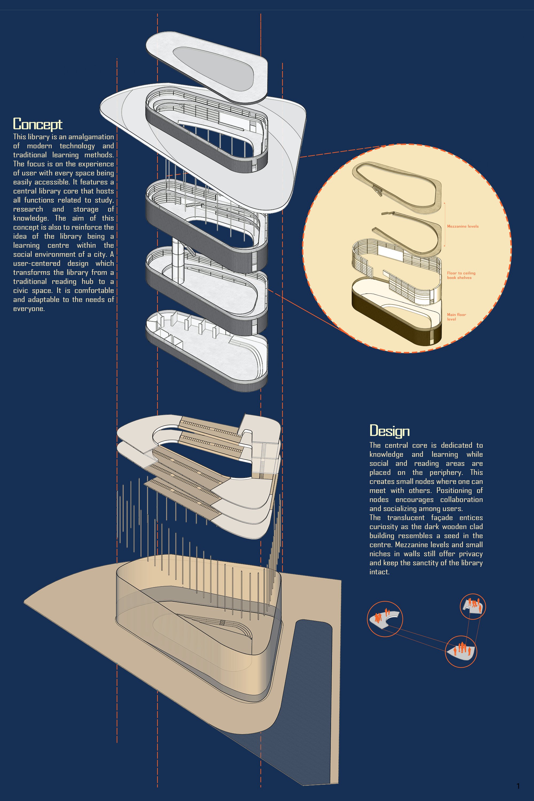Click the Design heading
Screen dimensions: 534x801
tap(389, 431)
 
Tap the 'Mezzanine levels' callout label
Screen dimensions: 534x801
tap(462, 226)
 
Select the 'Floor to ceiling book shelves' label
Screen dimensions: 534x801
tap(461, 275)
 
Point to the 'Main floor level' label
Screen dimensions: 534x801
tap(456, 317)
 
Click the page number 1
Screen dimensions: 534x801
tap(518, 786)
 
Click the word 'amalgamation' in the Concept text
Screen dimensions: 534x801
tap(91, 137)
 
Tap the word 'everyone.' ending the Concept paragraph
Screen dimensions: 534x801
tap(29, 309)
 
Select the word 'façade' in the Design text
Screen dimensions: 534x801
tap(442, 518)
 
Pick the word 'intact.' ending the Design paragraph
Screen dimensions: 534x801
tap(379, 572)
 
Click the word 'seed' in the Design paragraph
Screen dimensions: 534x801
tap(451, 536)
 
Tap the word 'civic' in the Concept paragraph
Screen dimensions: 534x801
tap(21, 291)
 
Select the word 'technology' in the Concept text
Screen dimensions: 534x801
tap(77, 146)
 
